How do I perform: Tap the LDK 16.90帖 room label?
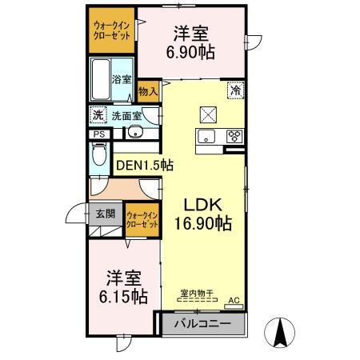tap(203, 214)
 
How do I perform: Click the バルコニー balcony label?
tap(203, 324)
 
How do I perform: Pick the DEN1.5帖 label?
tap(145, 166)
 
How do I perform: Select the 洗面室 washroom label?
tap(126, 115)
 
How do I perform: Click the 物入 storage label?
tap(148, 92)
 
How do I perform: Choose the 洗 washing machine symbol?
tap(98, 115)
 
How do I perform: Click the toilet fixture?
tap(99, 157)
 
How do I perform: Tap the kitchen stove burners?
tap(235, 135)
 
